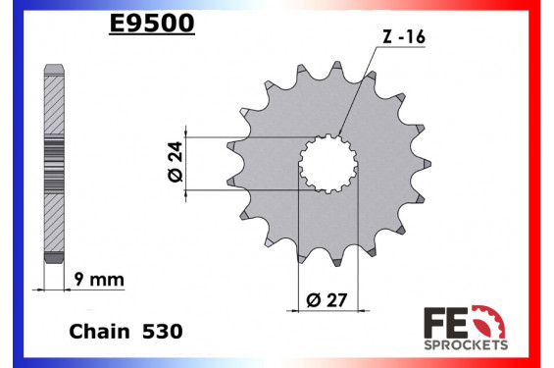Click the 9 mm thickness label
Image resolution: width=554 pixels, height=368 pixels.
point(99,280)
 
